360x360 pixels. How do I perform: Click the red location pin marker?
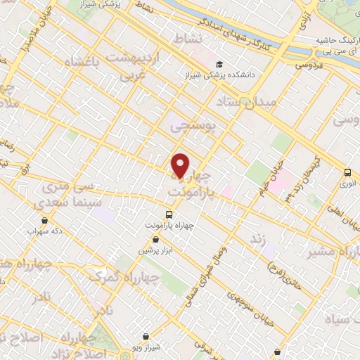(181, 165)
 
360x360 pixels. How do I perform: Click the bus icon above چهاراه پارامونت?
(169, 213)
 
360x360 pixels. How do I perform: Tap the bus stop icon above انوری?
(347, 173)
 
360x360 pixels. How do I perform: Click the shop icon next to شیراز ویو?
(146, 336)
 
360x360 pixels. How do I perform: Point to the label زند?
(259, 240)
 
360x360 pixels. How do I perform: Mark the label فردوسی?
(307, 65)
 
